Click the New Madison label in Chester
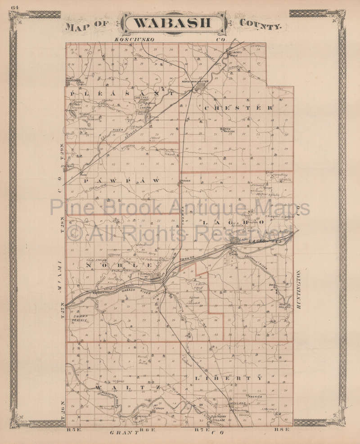(230, 130)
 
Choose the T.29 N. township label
(63, 155)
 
